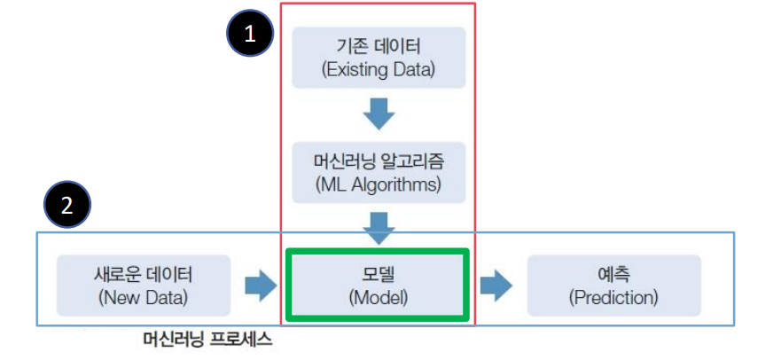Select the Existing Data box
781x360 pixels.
coord(379,57)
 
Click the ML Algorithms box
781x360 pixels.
coord(379,174)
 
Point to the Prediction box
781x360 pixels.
coord(613,285)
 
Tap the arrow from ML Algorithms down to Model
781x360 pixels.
coord(379,226)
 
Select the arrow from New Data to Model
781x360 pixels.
coord(260,286)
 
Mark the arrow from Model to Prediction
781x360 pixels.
coord(496,286)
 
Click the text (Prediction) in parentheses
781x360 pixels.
coord(613,297)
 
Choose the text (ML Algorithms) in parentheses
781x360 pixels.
coord(379,186)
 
